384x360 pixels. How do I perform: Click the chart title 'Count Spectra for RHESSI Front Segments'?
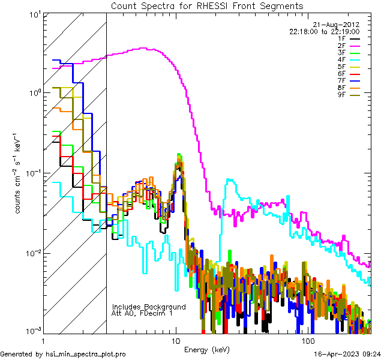pyautogui.click(x=207, y=5)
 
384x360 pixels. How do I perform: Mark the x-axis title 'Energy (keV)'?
pyautogui.click(x=207, y=349)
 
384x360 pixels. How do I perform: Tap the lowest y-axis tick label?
pyautogui.click(x=30, y=331)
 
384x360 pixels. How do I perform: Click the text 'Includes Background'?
pyautogui.click(x=149, y=307)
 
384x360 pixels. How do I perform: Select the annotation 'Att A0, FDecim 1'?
pyautogui.click(x=142, y=313)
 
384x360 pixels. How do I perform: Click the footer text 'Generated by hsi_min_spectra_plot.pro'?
pyautogui.click(x=64, y=354)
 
